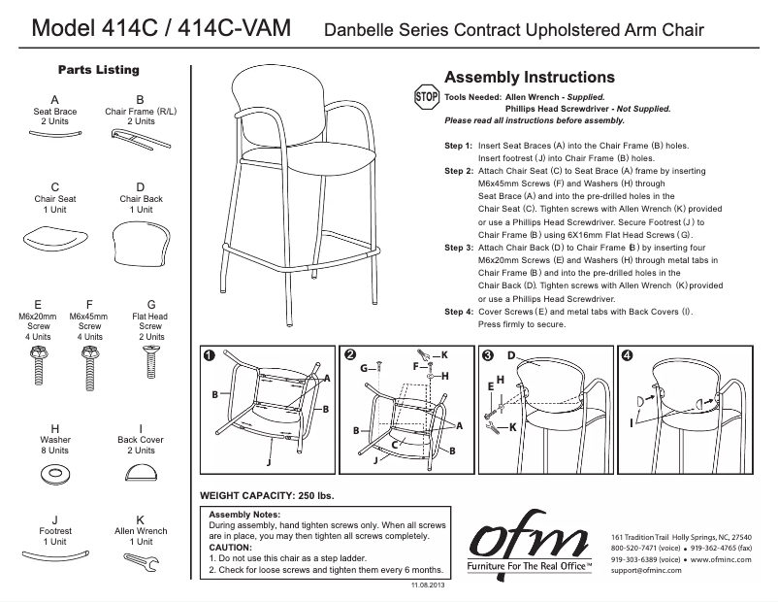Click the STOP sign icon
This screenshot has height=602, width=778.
(427, 97)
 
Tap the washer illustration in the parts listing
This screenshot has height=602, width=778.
(54, 475)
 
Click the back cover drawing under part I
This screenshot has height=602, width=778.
(142, 471)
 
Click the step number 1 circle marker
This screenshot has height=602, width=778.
(209, 354)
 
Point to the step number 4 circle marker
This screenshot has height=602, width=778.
(627, 354)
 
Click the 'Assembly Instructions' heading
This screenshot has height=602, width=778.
(529, 78)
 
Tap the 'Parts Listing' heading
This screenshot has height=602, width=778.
(98, 70)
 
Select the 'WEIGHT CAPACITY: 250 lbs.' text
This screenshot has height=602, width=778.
(266, 496)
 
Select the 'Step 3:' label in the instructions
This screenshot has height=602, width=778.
(459, 249)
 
